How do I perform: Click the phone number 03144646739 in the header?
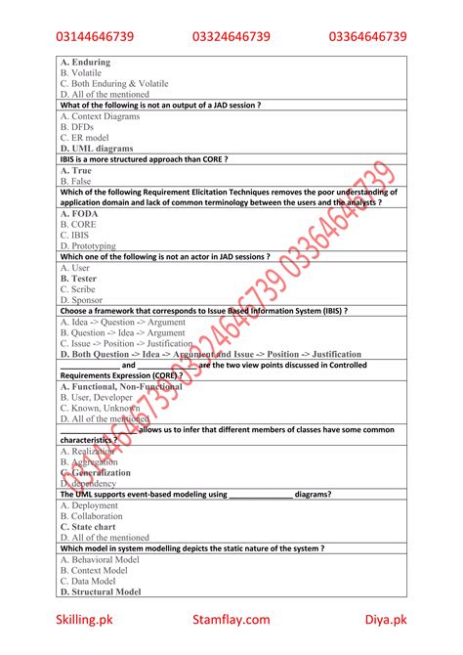(x=95, y=36)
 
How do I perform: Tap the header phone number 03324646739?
(x=231, y=36)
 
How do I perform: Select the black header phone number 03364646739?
(x=367, y=36)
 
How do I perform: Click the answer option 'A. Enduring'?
(x=85, y=63)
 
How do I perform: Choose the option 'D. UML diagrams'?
(x=96, y=149)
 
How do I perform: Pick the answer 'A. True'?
(x=75, y=170)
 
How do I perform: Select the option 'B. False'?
(x=75, y=181)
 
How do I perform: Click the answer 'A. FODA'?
(x=78, y=213)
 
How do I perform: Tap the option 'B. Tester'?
(x=79, y=278)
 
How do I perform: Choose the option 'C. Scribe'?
(x=78, y=288)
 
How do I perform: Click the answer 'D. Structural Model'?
(x=101, y=591)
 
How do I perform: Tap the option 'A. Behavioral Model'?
(x=100, y=559)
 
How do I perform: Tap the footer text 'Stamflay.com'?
(x=231, y=619)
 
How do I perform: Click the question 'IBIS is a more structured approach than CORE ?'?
(x=144, y=159)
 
